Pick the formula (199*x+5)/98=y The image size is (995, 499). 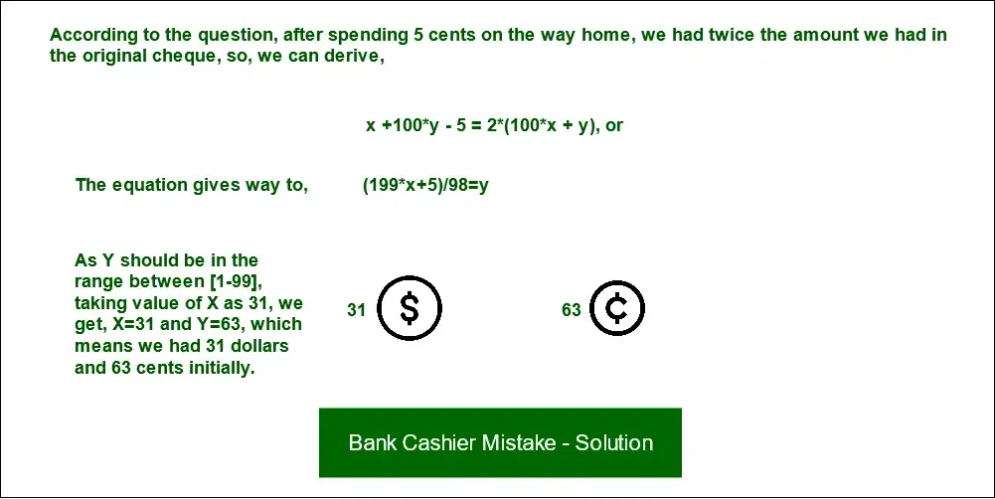click(x=425, y=186)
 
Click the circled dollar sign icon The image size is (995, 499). click(x=410, y=308)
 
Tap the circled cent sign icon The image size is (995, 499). click(x=617, y=308)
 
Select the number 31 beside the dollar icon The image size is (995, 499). click(x=357, y=310)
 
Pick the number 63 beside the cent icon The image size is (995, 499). click(x=572, y=310)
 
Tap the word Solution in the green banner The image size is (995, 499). click(x=614, y=442)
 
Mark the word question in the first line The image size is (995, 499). click(x=234, y=36)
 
